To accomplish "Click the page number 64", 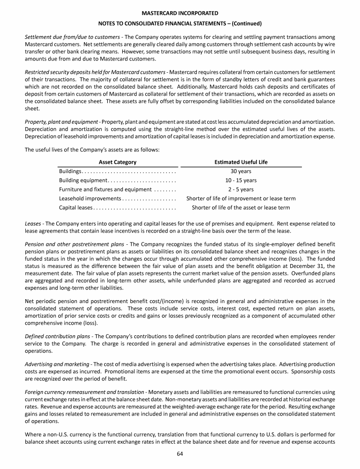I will point(180,453).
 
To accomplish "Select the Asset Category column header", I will point(118,162).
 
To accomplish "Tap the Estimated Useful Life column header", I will point(241,162).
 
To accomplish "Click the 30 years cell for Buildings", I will point(241,171).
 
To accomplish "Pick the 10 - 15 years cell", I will point(241,181).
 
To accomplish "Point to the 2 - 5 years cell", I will point(241,189).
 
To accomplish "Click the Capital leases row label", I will point(76,207).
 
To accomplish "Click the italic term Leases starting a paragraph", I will point(32,224).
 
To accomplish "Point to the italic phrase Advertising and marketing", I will point(54,364).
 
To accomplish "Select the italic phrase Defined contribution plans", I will point(55,335).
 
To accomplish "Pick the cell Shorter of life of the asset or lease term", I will point(241,207).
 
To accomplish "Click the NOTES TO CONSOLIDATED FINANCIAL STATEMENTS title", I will point(180,23).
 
